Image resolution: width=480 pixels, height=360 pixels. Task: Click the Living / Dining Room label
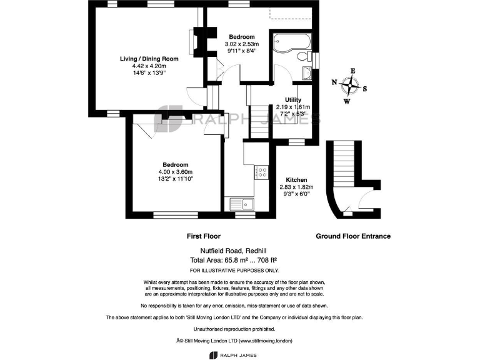tap(149, 59)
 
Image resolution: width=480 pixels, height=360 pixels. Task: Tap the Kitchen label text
tap(296, 179)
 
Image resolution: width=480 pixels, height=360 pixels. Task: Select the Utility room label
tap(293, 100)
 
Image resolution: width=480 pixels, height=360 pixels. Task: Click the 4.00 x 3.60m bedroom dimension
tap(176, 172)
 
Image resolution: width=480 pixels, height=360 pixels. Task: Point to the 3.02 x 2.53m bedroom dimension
tap(241, 44)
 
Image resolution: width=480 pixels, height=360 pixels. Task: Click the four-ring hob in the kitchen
tap(262, 171)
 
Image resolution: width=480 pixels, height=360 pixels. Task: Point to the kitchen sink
tap(242, 204)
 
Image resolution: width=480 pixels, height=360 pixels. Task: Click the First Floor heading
tap(203, 236)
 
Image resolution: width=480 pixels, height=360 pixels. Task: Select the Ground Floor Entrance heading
tap(353, 236)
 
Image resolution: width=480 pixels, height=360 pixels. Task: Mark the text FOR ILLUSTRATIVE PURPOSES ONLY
tap(234, 270)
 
